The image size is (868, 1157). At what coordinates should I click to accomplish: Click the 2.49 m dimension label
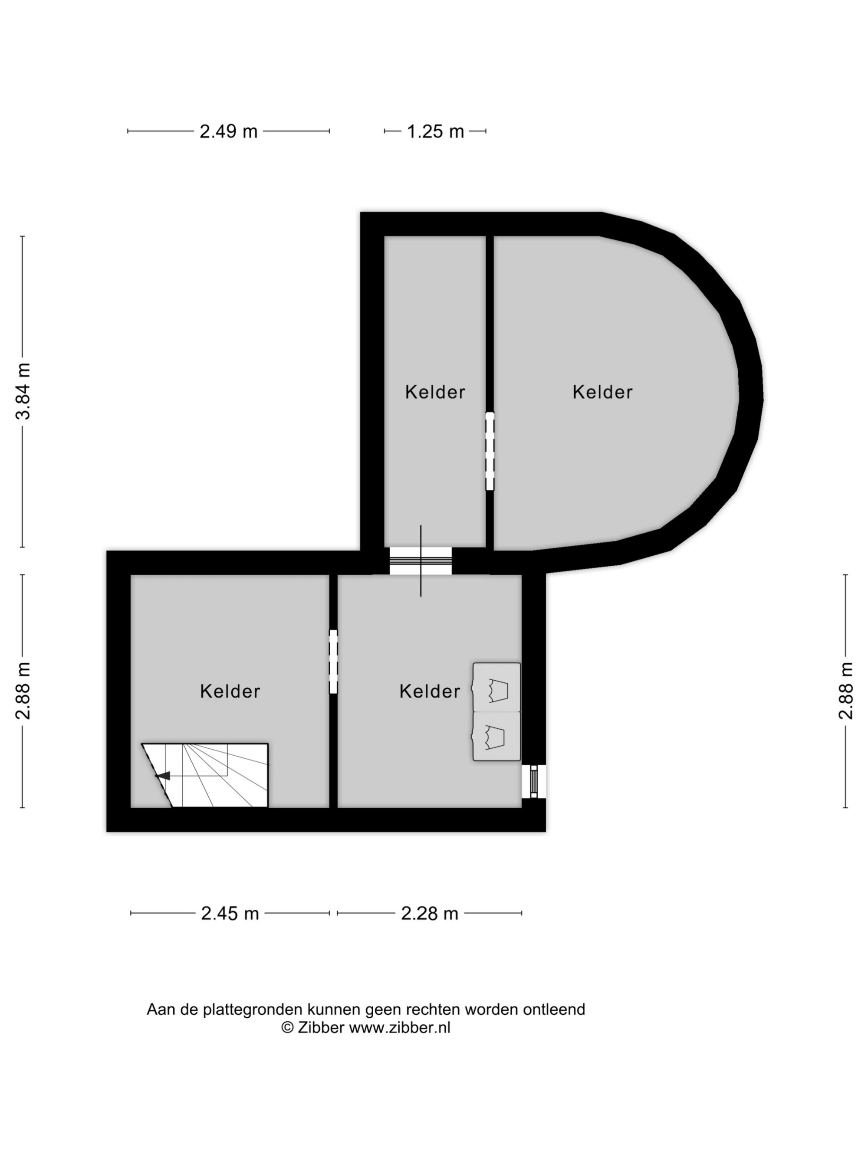tap(228, 131)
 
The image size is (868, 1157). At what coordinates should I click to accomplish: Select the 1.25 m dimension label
tap(435, 131)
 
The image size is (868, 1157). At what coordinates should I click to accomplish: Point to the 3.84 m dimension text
tap(23, 391)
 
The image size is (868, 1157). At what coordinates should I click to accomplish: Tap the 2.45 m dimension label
tap(230, 913)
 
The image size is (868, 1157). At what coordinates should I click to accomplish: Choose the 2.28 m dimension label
tap(430, 913)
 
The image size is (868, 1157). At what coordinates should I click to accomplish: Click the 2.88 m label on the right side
tap(846, 691)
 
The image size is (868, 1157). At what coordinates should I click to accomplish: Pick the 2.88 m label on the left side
tap(23, 691)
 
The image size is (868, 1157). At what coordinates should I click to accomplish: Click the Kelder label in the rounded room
tap(602, 392)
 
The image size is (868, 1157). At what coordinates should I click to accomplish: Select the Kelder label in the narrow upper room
tap(435, 392)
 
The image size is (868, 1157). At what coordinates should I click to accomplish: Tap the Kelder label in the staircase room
tap(230, 692)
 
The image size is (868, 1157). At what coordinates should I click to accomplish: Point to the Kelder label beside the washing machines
tap(430, 692)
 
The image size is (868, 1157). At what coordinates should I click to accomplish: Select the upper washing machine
tap(496, 687)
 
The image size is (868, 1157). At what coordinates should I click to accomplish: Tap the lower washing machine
tap(496, 736)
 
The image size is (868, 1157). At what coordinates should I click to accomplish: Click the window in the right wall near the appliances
tap(534, 781)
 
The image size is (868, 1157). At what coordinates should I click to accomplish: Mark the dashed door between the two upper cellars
tap(490, 452)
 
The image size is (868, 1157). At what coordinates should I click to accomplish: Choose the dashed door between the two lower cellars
tap(333, 662)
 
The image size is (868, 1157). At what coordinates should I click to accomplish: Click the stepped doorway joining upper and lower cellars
tap(421, 561)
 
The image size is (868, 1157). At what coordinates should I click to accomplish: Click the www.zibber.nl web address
tap(399, 1028)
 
